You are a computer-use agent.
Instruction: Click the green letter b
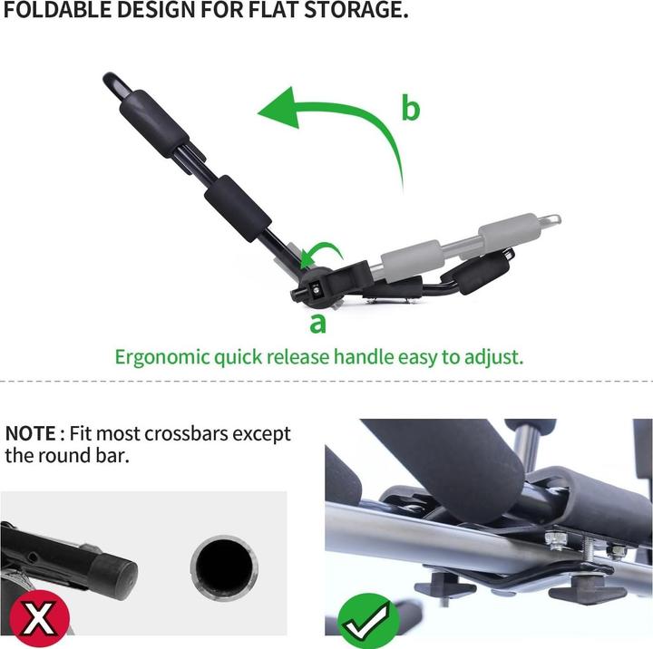point(411,108)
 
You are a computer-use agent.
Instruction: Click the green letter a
point(317,323)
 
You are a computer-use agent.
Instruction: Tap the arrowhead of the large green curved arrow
point(280,107)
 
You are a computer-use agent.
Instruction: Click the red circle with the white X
point(39,618)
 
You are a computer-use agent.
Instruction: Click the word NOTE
point(30,434)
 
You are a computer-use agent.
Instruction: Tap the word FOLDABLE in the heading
point(57,10)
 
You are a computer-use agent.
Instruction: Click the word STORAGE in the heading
point(356,10)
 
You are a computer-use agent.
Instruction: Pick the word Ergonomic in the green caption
point(162,357)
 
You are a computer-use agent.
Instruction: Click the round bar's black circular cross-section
point(224,567)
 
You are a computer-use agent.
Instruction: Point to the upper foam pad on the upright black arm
point(153,123)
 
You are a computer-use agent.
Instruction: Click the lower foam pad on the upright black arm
point(238,209)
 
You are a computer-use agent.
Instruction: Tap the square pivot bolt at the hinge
point(316,288)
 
